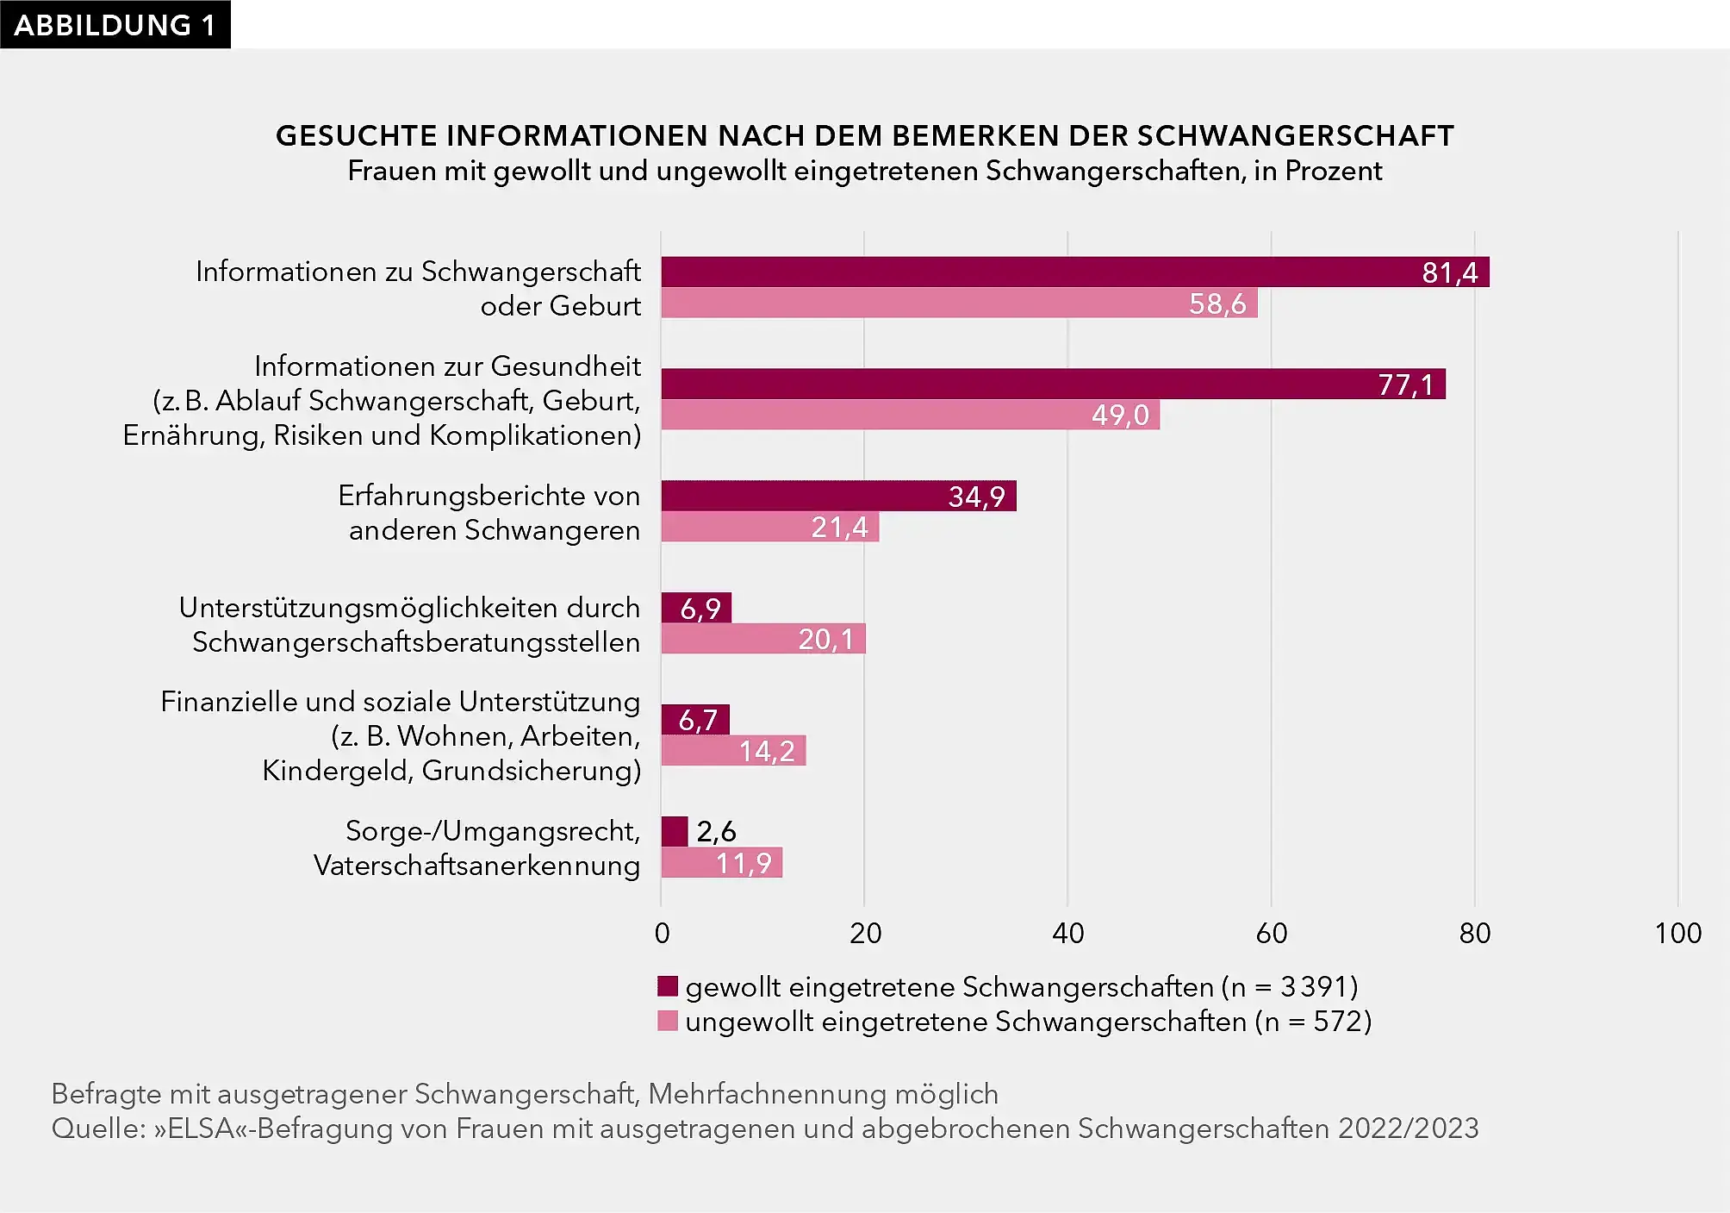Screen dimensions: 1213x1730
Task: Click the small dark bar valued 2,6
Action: (x=675, y=831)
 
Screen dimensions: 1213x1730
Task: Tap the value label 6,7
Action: (x=698, y=720)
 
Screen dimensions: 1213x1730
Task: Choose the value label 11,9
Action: (x=744, y=863)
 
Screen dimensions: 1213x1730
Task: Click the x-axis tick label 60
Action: (x=1272, y=933)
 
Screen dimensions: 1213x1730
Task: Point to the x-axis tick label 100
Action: (x=1677, y=933)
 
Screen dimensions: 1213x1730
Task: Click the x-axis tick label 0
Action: (x=662, y=933)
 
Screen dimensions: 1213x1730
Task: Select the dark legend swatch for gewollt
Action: (x=668, y=985)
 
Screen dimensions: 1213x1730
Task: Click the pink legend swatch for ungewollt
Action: (x=668, y=1021)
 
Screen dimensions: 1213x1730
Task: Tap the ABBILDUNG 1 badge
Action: (x=115, y=24)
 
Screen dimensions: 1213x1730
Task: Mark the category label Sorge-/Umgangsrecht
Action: (x=493, y=831)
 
